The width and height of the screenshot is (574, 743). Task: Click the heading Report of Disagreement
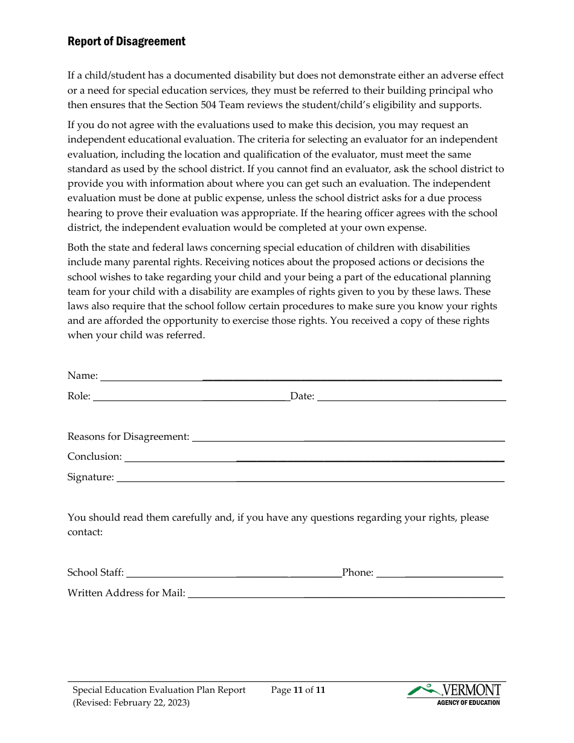pos(126,41)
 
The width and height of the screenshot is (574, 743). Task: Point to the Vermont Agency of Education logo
pos(454,694)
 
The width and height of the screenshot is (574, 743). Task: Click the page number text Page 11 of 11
pos(298,690)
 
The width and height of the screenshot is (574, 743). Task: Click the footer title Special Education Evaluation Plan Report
pos(159,690)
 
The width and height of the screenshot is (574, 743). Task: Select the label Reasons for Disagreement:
pos(128,437)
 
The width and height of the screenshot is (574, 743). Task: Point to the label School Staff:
pos(95,573)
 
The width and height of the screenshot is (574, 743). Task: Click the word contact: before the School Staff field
pos(85,532)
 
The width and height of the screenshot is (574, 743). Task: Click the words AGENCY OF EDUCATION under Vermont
pos(468,703)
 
